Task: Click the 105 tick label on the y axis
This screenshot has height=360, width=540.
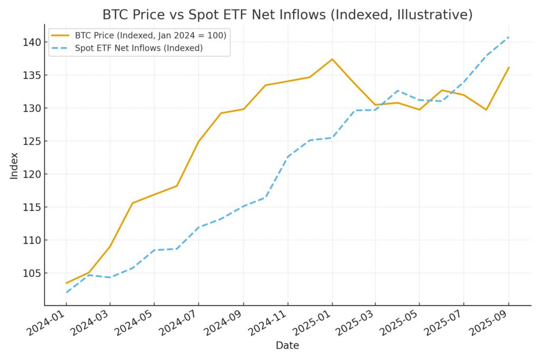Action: point(31,273)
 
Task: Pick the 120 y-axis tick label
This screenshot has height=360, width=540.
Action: point(31,174)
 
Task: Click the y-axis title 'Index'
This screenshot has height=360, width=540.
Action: point(14,166)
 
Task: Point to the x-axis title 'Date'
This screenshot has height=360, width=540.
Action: point(287,346)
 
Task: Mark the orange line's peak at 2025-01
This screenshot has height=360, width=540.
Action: point(332,59)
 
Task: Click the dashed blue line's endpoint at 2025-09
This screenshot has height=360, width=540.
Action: point(509,37)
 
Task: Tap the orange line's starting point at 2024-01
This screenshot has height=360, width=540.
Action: point(66,283)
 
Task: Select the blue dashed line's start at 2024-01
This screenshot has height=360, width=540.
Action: point(66,292)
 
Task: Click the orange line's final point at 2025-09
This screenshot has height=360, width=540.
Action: point(509,67)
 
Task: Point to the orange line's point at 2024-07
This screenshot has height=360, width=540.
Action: point(199,141)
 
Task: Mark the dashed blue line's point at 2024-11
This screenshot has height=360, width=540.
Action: point(287,157)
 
